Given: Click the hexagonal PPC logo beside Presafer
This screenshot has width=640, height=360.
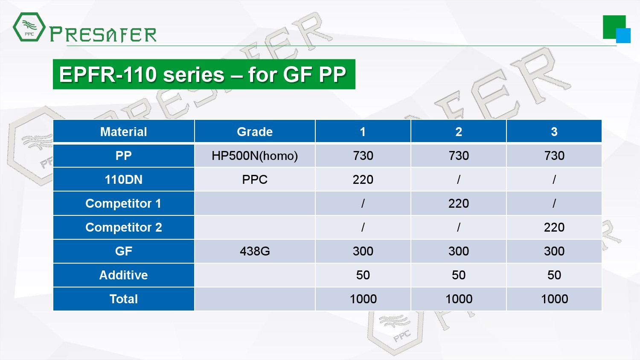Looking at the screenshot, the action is point(29,27).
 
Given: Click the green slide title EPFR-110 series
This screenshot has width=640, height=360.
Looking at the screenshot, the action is point(204,74).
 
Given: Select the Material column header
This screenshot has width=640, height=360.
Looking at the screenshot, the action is point(123,132).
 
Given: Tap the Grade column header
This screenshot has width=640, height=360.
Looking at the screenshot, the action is point(255,132).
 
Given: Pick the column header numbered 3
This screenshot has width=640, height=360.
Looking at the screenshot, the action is point(554,132).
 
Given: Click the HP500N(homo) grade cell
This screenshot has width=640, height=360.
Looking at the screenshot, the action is point(255,156).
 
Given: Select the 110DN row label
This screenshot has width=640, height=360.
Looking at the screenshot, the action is point(123,180).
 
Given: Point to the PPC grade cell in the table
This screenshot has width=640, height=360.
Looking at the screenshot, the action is point(255,180).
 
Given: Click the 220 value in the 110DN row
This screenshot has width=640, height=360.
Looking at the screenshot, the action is point(363,180).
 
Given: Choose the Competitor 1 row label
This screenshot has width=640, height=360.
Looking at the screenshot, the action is point(123,203).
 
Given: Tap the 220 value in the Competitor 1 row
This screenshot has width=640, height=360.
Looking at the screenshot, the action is point(459,203).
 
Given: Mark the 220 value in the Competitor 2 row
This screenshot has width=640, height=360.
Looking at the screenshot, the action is point(554,227).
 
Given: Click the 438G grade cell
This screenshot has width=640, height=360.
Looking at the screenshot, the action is point(255,251).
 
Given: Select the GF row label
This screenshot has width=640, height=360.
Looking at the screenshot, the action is point(123,251).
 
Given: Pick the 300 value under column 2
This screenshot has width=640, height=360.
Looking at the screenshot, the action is point(459,251).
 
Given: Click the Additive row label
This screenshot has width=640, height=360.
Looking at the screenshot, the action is point(123,275).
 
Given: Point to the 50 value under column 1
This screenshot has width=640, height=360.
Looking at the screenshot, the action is point(363,275).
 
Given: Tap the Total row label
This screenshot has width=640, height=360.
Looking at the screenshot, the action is point(123,299).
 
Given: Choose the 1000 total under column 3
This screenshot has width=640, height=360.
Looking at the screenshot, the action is point(554,299).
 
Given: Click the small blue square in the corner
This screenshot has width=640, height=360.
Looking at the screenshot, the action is point(623,36).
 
